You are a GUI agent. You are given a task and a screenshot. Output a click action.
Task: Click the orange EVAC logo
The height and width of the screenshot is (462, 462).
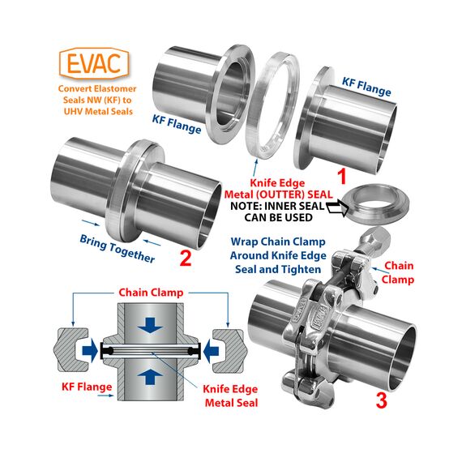coord(94,63)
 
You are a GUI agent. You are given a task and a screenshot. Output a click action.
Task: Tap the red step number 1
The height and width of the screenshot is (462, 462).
coord(341,176)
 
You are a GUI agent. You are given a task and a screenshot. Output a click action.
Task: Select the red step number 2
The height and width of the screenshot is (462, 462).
coord(186,258)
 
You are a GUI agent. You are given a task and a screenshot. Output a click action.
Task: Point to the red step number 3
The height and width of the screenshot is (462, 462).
coord(381,400)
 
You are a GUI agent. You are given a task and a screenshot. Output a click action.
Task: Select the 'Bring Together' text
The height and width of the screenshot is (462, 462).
coord(118,249)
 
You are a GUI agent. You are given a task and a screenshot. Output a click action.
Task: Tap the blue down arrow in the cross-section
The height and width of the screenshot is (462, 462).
coord(150,325)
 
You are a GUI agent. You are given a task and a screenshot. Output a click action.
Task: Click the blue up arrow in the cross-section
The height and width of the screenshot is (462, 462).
coord(150,376)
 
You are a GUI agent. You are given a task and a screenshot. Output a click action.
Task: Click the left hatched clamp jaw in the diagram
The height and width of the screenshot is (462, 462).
coord(68,350)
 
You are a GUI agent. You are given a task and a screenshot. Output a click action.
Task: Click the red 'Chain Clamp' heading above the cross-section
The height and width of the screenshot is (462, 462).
coord(151,293)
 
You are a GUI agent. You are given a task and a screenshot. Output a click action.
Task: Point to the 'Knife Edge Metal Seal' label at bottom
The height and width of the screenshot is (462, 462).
coord(231,396)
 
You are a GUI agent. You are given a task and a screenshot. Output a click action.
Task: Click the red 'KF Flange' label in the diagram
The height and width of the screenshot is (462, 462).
coord(87,387)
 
